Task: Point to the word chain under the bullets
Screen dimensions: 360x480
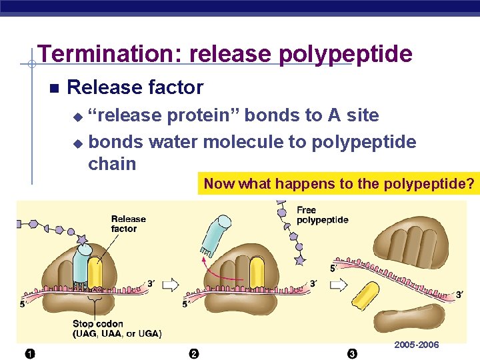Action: coord(112,163)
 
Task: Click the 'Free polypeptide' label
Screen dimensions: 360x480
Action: coord(322,215)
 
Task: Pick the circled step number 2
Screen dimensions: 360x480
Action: coord(193,353)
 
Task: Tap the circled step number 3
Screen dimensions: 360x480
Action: coord(352,353)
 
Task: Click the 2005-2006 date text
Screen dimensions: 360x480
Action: coord(417,345)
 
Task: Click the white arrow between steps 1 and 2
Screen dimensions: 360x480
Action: coord(171,285)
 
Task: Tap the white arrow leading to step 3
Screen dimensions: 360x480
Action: coord(339,285)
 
